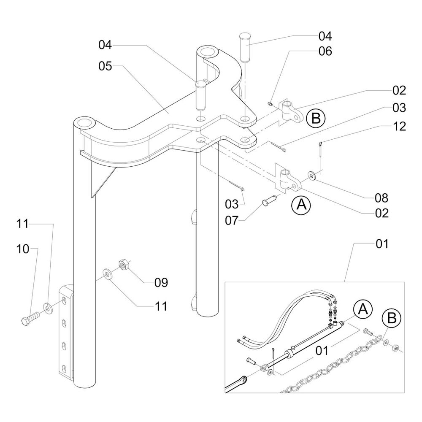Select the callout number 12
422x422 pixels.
399,126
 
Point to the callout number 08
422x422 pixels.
381,197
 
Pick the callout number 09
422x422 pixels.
161,282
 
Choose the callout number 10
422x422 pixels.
24,249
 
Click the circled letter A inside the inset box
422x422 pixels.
363,309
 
